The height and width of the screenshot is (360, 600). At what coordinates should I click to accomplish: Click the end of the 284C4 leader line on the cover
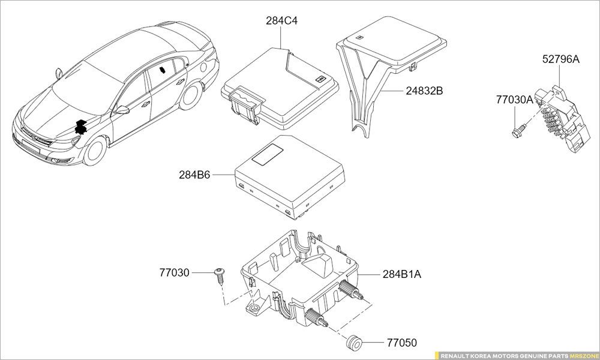click(x=281, y=49)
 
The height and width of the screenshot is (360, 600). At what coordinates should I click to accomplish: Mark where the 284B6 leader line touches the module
click(x=235, y=175)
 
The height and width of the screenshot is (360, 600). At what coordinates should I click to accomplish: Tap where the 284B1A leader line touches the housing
click(x=358, y=274)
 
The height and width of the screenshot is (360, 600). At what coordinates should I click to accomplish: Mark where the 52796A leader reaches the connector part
click(x=559, y=87)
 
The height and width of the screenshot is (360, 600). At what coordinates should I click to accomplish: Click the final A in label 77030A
click(x=529, y=100)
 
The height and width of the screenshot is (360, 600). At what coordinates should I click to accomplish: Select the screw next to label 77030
click(x=220, y=276)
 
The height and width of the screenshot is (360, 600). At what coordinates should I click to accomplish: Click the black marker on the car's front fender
click(x=80, y=127)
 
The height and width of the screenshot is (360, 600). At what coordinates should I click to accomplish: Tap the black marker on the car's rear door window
click(x=163, y=70)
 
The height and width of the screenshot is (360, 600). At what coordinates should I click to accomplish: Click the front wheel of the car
click(x=94, y=151)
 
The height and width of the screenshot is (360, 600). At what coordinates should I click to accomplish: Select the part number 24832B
click(x=424, y=91)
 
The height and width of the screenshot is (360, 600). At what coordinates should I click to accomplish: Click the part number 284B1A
click(x=402, y=274)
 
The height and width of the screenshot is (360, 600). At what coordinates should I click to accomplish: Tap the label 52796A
click(x=561, y=59)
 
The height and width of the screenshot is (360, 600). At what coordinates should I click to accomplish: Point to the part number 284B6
click(x=194, y=175)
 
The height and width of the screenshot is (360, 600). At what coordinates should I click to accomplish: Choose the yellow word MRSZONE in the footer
click(x=584, y=356)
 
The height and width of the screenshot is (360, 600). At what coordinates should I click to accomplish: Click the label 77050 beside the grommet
click(x=402, y=343)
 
